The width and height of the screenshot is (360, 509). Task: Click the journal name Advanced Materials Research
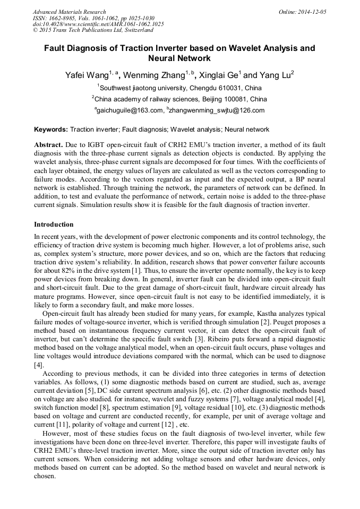69,12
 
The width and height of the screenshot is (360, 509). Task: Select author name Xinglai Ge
221,75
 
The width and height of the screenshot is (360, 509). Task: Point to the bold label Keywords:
51,130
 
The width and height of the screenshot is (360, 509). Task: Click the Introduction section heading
54,225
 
